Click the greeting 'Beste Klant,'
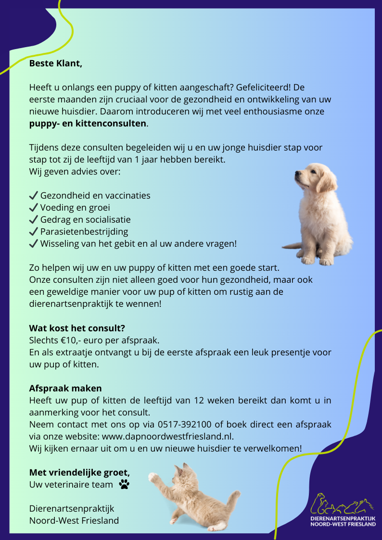click(56, 63)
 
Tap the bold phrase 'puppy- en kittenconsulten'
click(88, 123)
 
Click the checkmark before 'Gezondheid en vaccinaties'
click(34, 196)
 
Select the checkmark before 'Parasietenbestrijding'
click(34, 232)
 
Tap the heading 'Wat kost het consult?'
click(77, 328)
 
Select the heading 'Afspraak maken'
click(65, 388)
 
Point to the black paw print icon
click(124, 484)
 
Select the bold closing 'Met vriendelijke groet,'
click(79, 472)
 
